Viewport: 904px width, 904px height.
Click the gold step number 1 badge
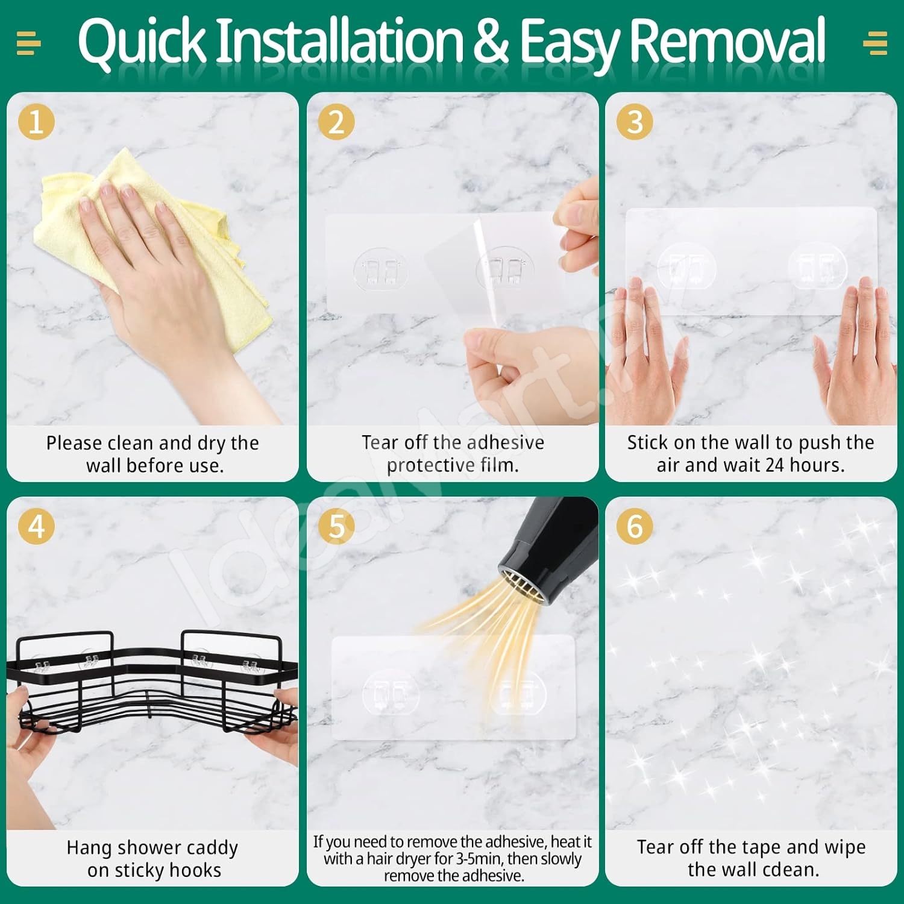(36, 122)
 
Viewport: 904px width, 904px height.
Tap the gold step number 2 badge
(336, 122)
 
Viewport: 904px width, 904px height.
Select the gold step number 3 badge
(635, 122)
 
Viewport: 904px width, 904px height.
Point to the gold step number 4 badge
(36, 526)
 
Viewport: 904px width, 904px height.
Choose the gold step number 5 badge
(336, 526)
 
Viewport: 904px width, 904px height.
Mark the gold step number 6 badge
(635, 526)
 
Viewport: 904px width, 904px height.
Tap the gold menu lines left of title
(28, 43)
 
